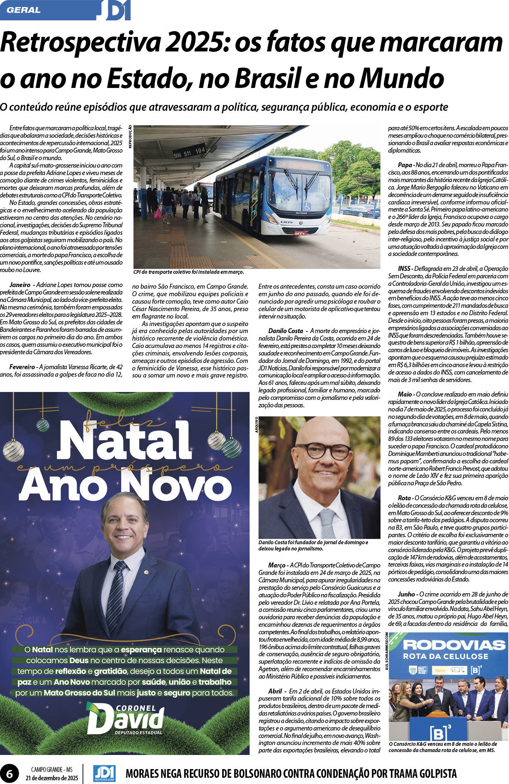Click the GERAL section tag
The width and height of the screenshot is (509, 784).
[24, 10]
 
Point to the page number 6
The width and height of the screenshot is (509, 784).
[9, 774]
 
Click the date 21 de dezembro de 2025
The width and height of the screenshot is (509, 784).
[52, 778]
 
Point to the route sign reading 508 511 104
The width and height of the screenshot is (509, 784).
[189, 152]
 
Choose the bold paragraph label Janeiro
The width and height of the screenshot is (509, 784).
[20, 285]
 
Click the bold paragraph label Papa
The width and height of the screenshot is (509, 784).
[405, 165]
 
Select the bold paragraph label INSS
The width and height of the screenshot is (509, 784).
[404, 269]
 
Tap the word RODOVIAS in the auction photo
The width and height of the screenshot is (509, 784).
[454, 645]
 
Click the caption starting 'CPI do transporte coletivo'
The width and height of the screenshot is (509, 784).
[189, 272]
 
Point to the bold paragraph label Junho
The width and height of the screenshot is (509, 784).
[407, 594]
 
